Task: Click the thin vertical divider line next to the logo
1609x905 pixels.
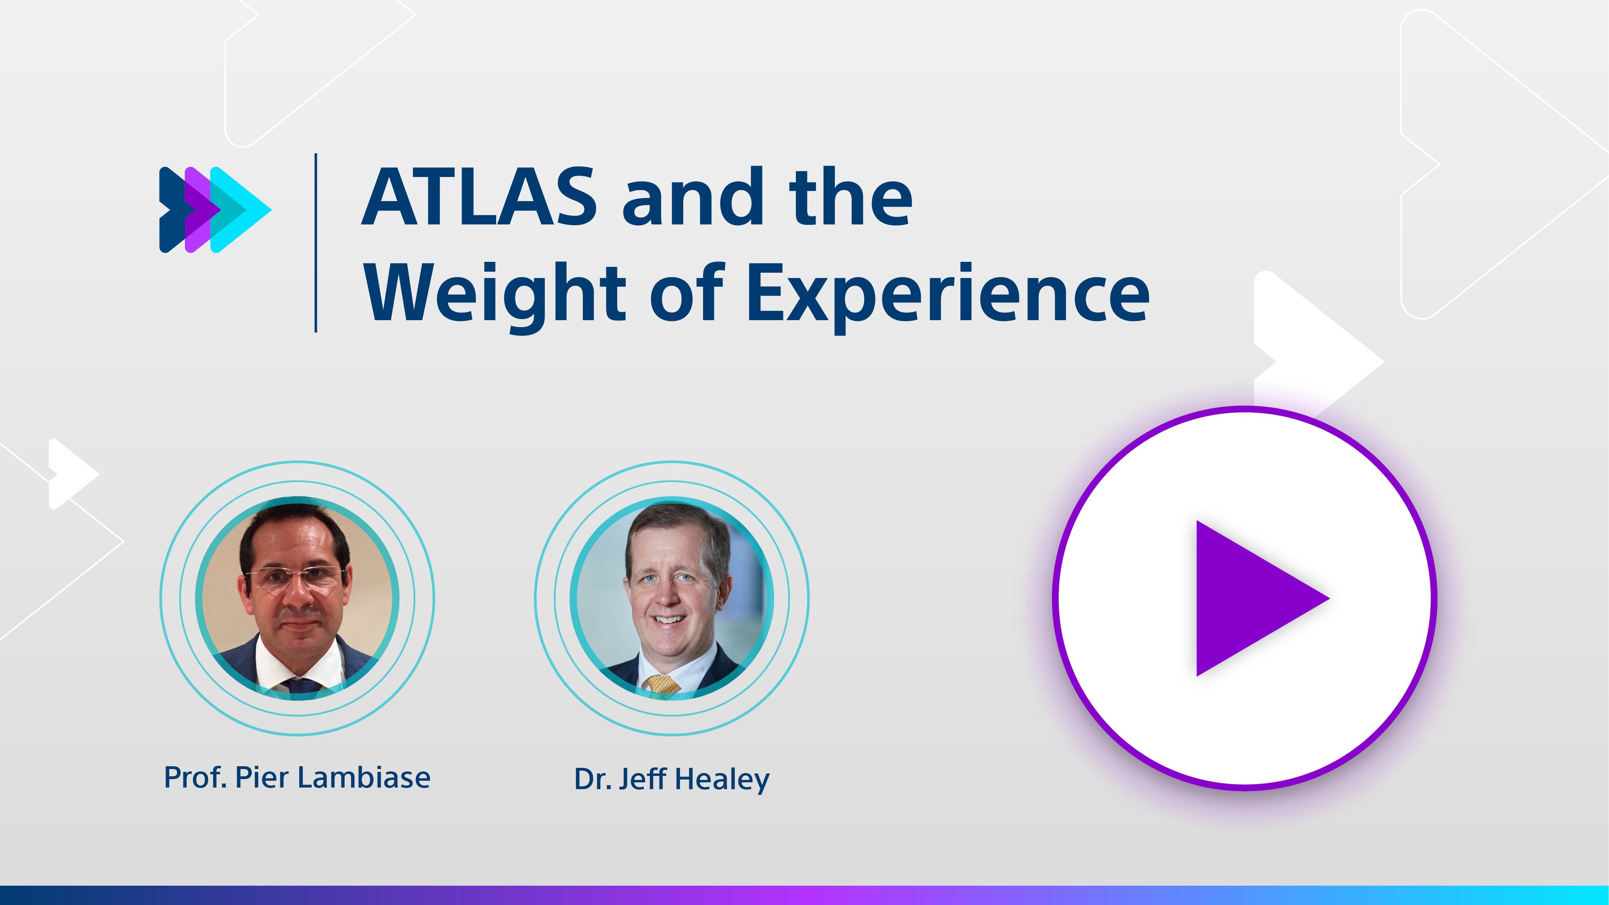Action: pos(316,242)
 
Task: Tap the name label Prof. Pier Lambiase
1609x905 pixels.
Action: pos(297,777)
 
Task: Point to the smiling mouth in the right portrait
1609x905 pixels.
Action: pos(669,619)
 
